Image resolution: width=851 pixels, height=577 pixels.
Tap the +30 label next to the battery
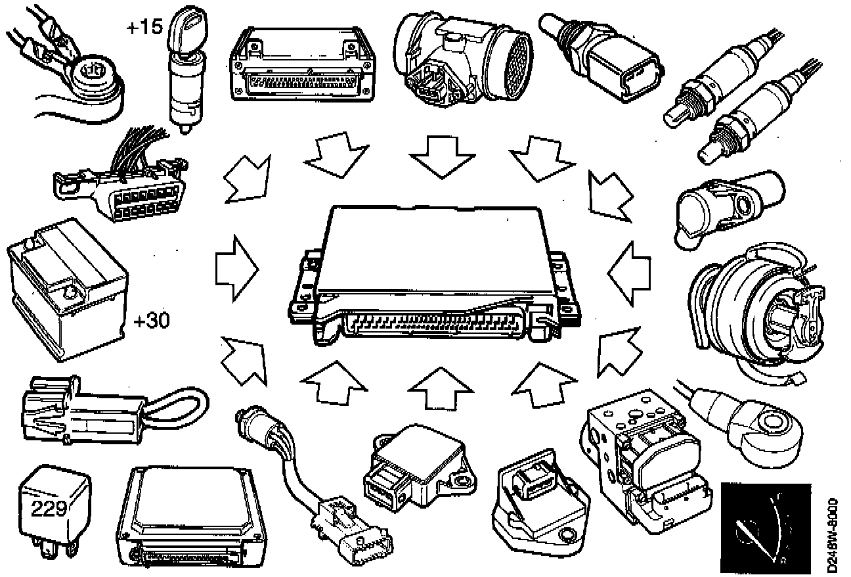tap(152, 321)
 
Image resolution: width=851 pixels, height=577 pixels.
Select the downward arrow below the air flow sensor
tap(441, 158)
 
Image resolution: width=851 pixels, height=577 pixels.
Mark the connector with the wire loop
tap(105, 411)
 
